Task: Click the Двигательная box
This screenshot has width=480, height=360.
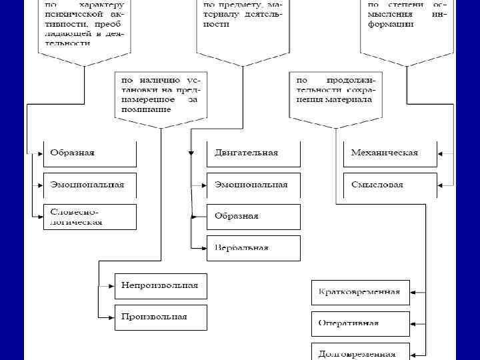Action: point(253,153)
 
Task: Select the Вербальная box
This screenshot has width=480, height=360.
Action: point(253,247)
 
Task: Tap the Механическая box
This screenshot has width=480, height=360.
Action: point(390,153)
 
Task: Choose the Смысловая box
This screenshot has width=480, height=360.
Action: point(390,185)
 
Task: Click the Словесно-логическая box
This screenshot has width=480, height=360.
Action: point(89,217)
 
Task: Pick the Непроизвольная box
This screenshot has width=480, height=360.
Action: point(161,285)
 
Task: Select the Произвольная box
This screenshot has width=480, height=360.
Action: point(161,317)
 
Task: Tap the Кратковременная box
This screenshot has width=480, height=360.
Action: point(360,292)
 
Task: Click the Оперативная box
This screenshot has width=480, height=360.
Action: point(360,323)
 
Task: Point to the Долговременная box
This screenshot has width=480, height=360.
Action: point(360,353)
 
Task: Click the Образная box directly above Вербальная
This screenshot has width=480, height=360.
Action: point(253,216)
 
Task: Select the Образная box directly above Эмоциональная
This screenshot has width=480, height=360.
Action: point(89,153)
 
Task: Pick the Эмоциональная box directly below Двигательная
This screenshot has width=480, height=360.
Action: point(253,185)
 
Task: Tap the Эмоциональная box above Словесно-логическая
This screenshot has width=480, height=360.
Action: point(89,185)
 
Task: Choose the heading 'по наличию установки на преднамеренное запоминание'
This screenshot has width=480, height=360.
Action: point(160,94)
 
